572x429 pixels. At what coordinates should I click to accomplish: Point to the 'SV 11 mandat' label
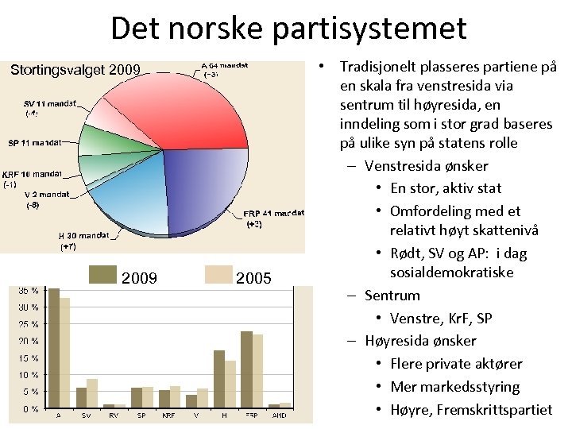click(x=50, y=103)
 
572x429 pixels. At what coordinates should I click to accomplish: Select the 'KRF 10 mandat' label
click(x=32, y=174)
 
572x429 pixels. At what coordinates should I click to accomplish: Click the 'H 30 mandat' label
click(x=84, y=236)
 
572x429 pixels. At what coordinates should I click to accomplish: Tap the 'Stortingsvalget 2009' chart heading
click(x=75, y=71)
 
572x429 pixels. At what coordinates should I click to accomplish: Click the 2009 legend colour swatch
click(x=102, y=274)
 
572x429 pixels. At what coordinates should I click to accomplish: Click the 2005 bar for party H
click(x=230, y=385)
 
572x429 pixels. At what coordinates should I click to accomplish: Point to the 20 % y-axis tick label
click(x=29, y=341)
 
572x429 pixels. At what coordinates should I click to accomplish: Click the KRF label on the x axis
click(x=168, y=415)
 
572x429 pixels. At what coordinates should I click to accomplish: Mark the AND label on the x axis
click(x=280, y=415)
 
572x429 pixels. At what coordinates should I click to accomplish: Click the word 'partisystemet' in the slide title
click(x=369, y=28)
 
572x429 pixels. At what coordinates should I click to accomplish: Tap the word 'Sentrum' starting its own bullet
click(x=392, y=296)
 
